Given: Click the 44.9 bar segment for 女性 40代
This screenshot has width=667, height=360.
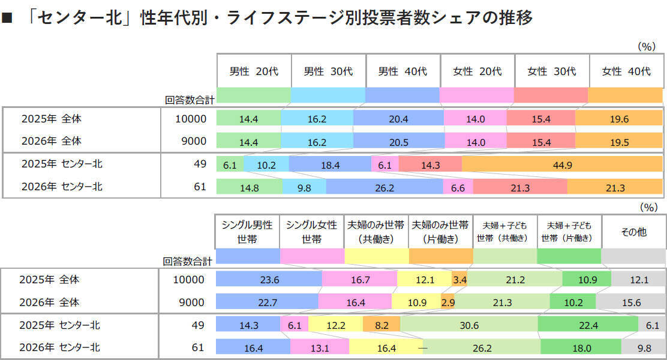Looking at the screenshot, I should click(x=562, y=164).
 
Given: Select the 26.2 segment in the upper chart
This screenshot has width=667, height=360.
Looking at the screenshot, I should click(x=384, y=188).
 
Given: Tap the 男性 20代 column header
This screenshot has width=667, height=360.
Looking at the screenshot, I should click(x=254, y=71).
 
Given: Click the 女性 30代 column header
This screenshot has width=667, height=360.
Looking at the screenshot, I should click(x=552, y=71).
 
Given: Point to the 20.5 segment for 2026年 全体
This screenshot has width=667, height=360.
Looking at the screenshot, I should click(x=398, y=142).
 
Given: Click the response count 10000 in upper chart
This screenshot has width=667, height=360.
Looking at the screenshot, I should click(x=190, y=119).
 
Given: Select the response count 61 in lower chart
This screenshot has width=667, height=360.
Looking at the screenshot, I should click(x=198, y=347).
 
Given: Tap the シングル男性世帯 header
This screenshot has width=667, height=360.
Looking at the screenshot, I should click(x=247, y=232).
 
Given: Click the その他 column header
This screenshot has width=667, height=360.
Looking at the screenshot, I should click(x=633, y=232).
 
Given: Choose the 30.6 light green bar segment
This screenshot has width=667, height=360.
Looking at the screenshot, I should click(x=469, y=325).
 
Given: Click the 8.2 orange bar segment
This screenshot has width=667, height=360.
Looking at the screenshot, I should click(x=381, y=325).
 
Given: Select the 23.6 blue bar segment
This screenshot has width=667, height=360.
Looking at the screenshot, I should click(x=268, y=280).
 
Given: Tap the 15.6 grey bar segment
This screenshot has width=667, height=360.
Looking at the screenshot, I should click(x=630, y=302).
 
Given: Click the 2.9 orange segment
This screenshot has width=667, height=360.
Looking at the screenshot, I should click(x=447, y=302).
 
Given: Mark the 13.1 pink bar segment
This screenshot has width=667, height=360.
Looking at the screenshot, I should click(x=319, y=347).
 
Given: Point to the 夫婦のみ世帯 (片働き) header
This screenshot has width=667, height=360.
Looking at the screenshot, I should click(x=440, y=232).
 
